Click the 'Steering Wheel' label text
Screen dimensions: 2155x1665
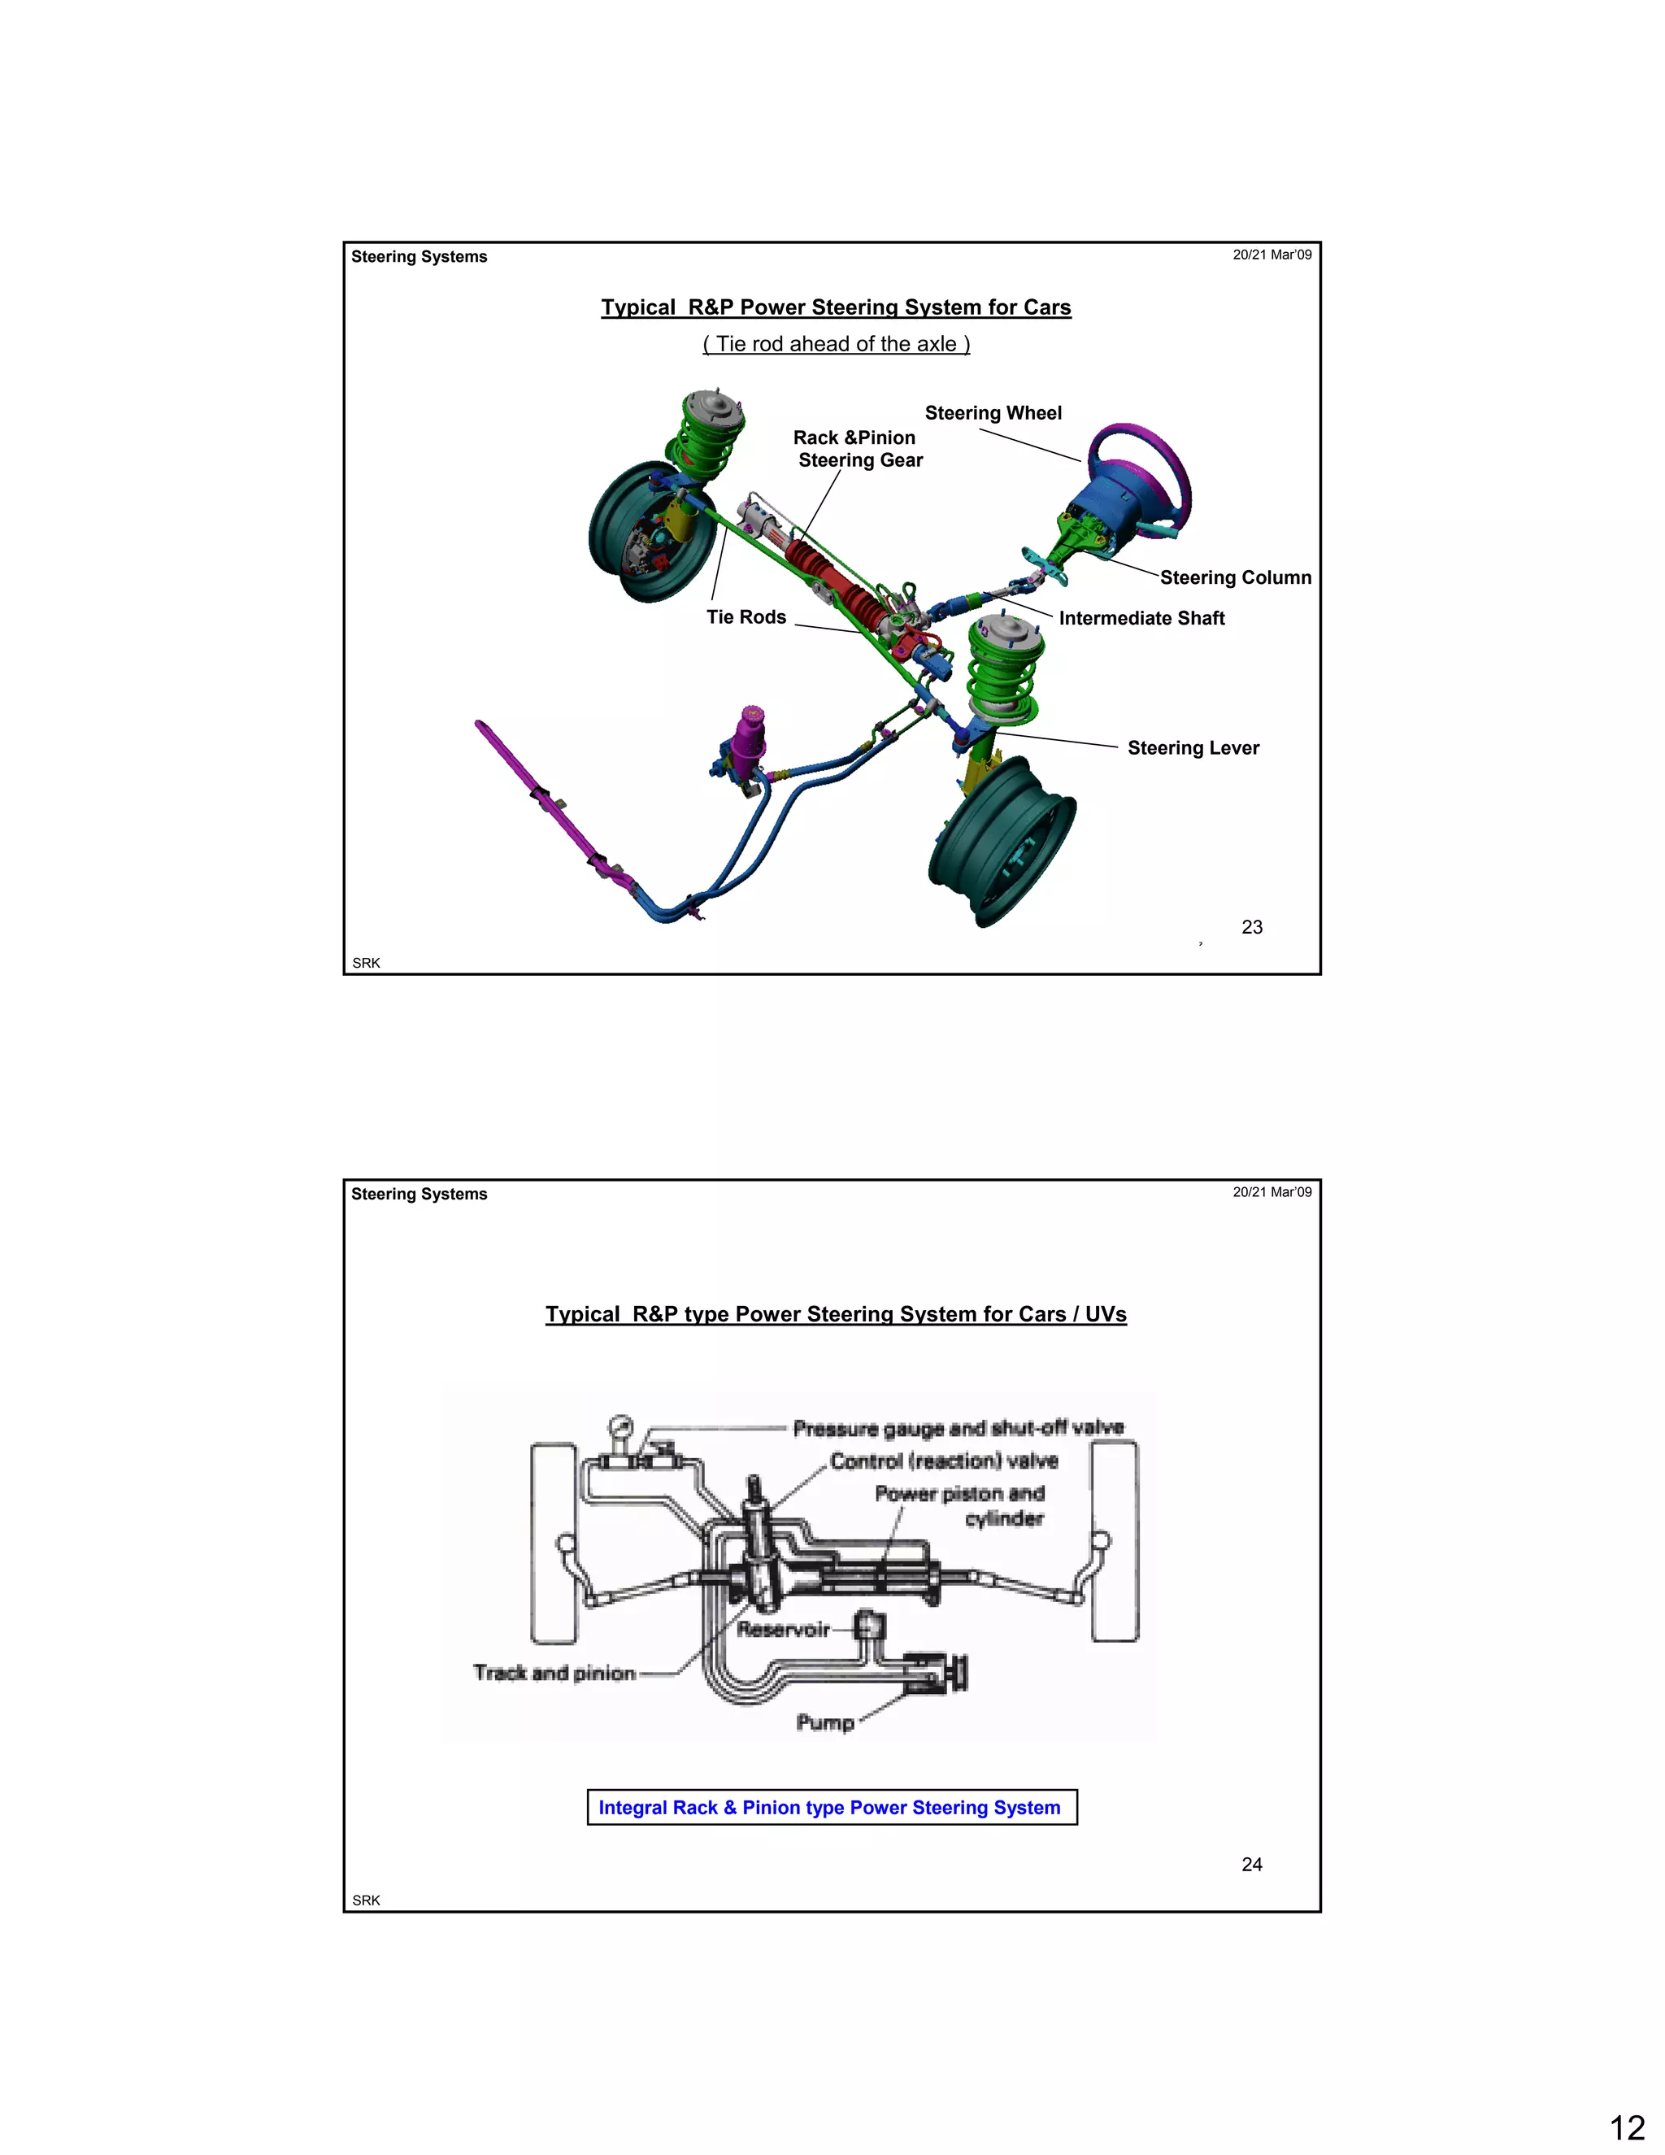(x=993, y=412)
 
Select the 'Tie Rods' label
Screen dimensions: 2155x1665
(x=746, y=616)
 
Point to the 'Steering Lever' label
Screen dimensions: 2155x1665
(x=1193, y=748)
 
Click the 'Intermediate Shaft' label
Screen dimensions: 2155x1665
(x=1141, y=618)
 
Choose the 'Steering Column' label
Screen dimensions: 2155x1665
(x=1235, y=577)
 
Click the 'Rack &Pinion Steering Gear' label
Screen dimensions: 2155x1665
(x=857, y=449)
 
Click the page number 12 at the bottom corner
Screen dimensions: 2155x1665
(x=1628, y=2127)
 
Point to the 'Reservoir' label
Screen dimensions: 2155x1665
(x=783, y=1629)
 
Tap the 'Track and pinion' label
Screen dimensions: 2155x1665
(x=554, y=1673)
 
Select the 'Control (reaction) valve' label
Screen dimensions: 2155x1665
(x=944, y=1461)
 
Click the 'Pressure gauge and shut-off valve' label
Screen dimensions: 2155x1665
(x=958, y=1428)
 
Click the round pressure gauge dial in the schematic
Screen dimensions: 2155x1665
(x=620, y=1427)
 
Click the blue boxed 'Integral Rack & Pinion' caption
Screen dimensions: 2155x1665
(x=831, y=1807)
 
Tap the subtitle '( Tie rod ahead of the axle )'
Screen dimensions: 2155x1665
(x=836, y=343)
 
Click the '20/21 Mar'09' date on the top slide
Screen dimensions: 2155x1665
(x=1272, y=255)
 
